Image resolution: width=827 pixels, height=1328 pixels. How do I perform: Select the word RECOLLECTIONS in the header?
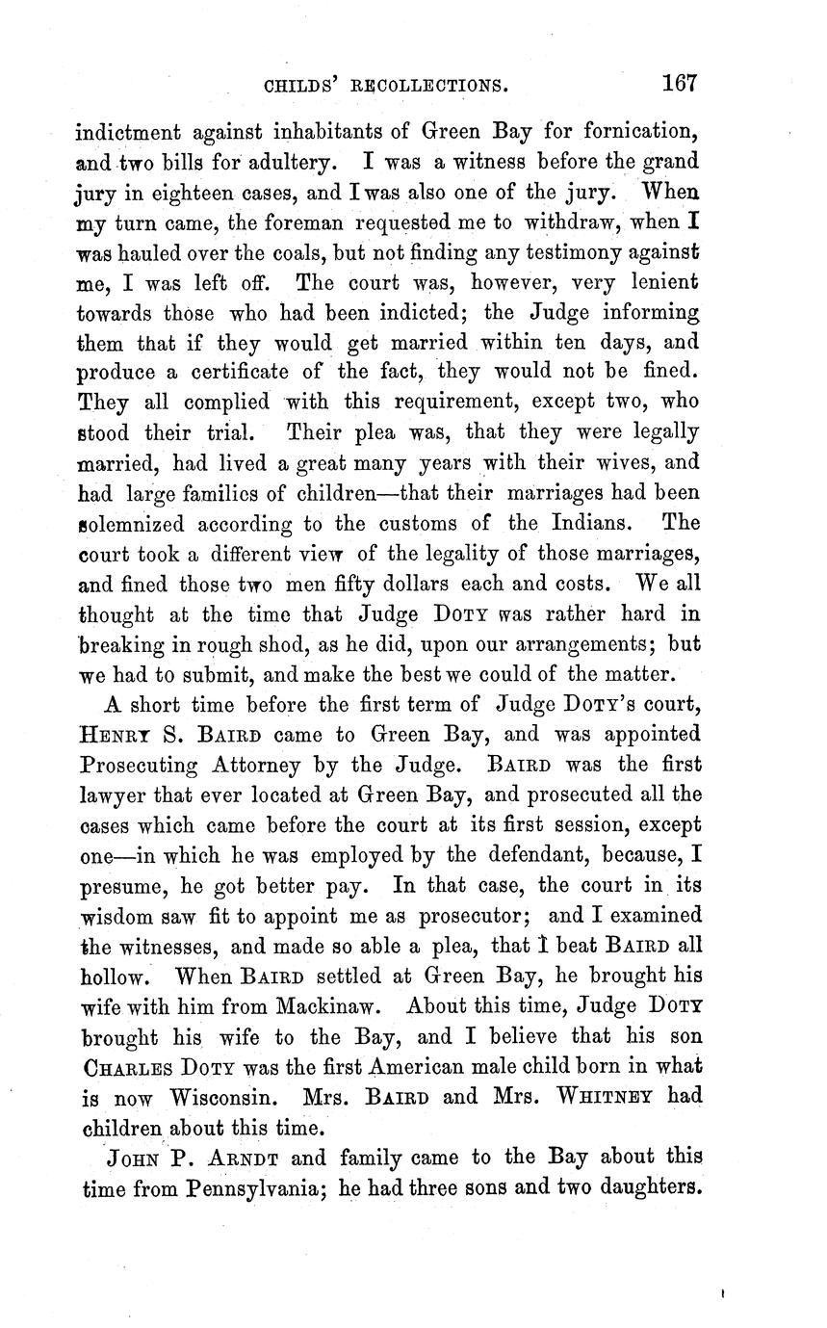click(429, 86)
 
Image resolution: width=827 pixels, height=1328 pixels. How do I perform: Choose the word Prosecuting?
click(143, 766)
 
